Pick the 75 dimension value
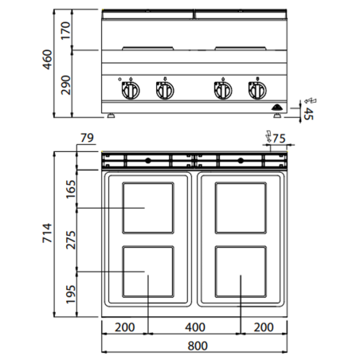click(x=278, y=139)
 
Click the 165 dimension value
click(x=69, y=190)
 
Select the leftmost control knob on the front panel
click(x=127, y=91)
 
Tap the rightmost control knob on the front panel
click(x=256, y=91)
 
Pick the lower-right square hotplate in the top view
click(x=241, y=273)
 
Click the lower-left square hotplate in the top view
click(x=148, y=273)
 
